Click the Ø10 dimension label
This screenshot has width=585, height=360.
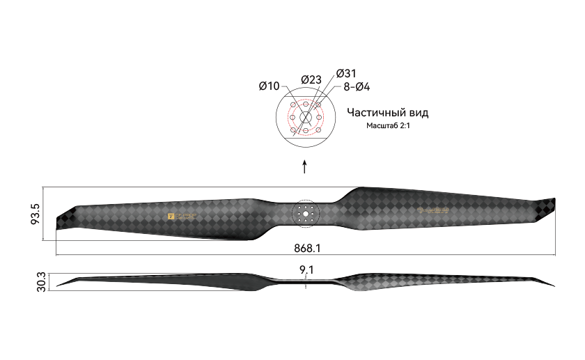coord(269,86)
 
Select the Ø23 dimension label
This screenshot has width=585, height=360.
coord(311,79)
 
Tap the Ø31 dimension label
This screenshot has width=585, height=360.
coord(346,73)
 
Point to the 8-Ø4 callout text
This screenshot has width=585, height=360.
coord(357,87)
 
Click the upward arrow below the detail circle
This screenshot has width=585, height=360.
coord(304,167)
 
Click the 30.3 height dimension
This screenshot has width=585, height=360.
coord(41,282)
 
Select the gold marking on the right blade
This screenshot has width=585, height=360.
coord(432,210)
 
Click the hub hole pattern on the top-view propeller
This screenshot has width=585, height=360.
coord(305,213)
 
